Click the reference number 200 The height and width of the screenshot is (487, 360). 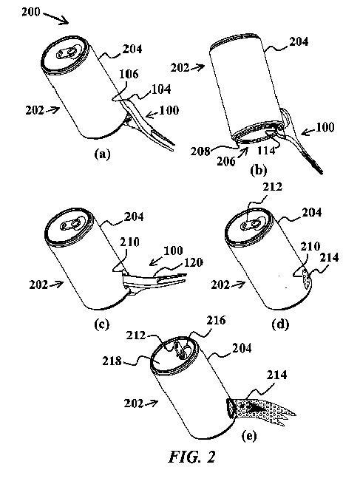coord(31,12)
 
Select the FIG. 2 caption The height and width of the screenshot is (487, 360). coord(192,456)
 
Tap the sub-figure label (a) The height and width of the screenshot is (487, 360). coord(103,154)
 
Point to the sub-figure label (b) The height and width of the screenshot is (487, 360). coord(259,170)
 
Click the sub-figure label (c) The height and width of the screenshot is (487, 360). coord(101,324)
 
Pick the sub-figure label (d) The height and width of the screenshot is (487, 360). coord(280,324)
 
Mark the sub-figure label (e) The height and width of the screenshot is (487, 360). coord(249,436)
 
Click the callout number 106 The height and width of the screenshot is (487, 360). coord(129,74)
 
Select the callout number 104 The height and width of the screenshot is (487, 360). coord(161,89)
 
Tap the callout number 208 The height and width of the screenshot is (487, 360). coord(200,151)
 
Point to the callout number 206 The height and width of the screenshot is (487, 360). coord(225,161)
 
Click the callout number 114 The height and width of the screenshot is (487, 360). coord(266,150)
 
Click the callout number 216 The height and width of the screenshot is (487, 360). coord(216,320)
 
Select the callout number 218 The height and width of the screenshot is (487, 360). coord(112,361)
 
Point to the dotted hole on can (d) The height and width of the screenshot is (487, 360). coord(305,281)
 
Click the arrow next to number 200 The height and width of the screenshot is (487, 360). coord(56,18)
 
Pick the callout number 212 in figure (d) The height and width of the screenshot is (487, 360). coord(273,187)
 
